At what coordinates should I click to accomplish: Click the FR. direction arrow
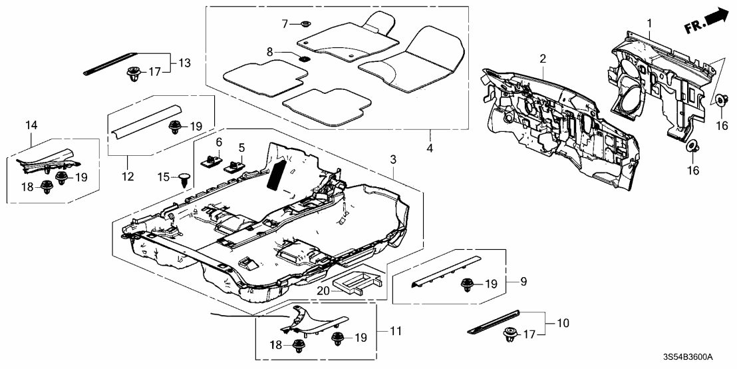[707, 22]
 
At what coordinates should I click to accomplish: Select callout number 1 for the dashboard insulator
[649, 24]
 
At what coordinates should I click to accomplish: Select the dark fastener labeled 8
[304, 58]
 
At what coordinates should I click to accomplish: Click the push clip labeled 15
[185, 177]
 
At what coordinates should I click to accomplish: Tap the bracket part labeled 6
[211, 160]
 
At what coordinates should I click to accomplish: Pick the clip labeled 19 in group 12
[176, 126]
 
